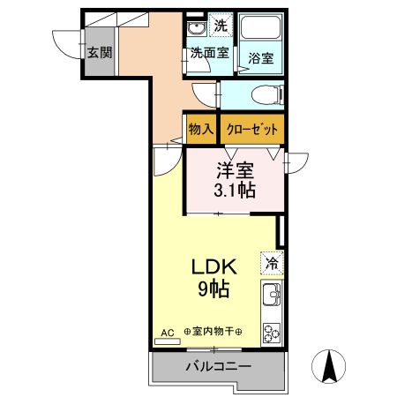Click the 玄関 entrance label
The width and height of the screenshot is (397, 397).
(100, 52)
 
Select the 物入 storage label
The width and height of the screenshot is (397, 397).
(200, 129)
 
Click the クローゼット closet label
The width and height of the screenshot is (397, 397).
(253, 129)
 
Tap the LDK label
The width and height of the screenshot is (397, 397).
(213, 265)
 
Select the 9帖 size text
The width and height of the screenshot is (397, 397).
(213, 289)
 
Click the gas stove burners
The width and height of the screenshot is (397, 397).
(271, 334)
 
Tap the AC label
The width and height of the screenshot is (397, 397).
(167, 333)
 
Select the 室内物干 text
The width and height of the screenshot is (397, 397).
(213, 333)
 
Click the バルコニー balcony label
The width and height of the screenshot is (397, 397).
(218, 366)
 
